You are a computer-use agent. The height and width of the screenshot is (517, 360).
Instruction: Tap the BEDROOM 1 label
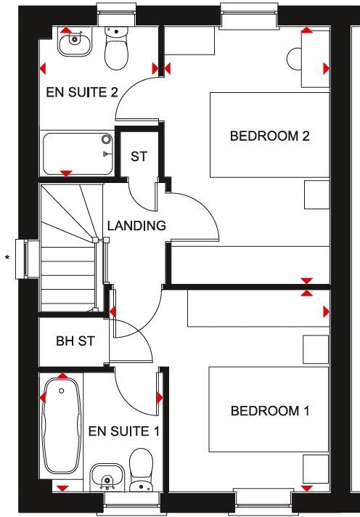[269, 412]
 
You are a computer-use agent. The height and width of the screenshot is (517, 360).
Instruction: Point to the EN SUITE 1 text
[123, 431]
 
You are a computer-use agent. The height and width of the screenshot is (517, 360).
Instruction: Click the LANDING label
[136, 226]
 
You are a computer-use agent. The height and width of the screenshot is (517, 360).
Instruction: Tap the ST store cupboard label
[139, 156]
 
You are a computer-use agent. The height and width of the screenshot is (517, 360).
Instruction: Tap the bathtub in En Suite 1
[62, 428]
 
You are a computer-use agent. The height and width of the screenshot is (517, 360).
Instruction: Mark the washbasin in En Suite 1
[106, 478]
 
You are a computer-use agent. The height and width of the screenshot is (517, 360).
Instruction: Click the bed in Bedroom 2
[268, 134]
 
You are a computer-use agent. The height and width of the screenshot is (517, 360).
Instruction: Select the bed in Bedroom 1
[268, 410]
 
